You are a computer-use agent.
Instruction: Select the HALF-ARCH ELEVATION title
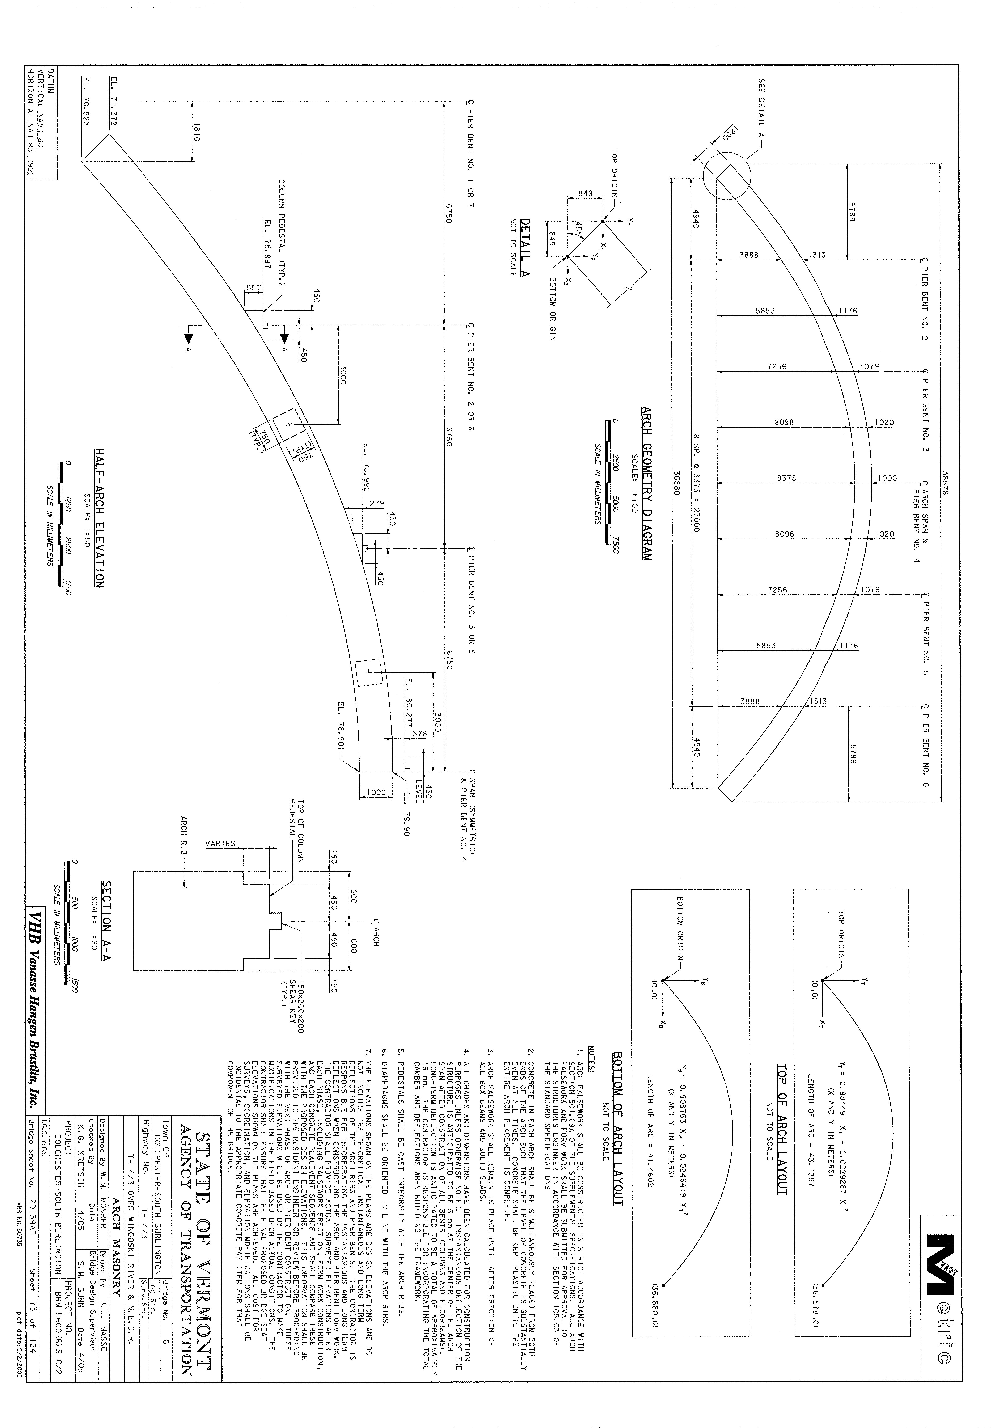pos(99,517)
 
